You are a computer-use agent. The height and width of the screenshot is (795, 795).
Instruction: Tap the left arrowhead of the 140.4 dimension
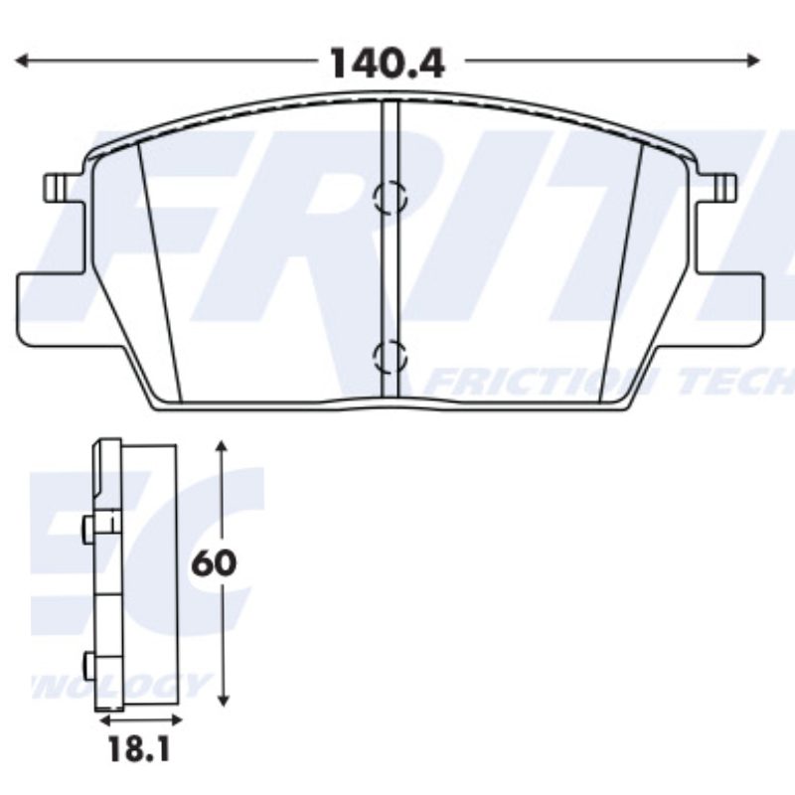[22, 62]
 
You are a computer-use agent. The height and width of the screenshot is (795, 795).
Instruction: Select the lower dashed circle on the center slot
[390, 355]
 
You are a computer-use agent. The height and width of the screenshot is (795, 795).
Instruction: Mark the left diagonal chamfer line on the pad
[161, 268]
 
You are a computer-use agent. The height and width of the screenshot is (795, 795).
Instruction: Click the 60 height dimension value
[214, 563]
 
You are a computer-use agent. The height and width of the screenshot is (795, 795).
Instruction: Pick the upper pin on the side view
[88, 531]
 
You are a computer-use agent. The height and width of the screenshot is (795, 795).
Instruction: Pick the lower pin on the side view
[88, 663]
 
